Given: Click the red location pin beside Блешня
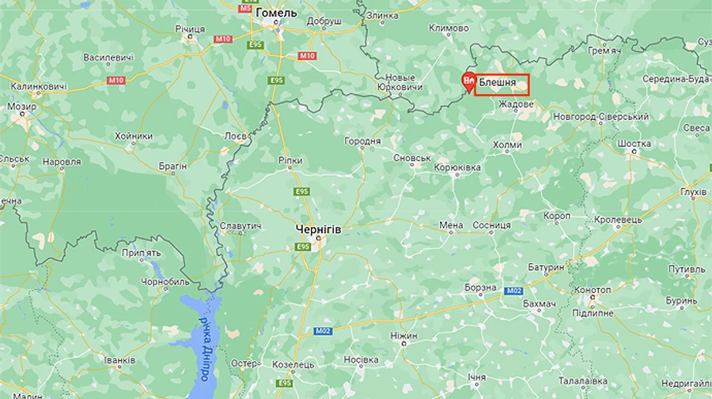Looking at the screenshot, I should click(468, 81).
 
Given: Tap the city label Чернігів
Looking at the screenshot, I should click(318, 228).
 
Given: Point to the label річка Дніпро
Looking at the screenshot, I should click(203, 348).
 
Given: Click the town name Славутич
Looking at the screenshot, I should click(240, 227).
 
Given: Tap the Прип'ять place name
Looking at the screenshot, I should click(142, 253).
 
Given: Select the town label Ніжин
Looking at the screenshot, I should click(403, 336).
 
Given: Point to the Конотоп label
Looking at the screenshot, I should click(593, 290).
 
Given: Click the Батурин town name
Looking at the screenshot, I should click(546, 268).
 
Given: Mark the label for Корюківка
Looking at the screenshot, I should click(457, 168).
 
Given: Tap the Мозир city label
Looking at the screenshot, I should click(21, 106).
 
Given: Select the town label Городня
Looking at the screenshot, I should click(362, 141).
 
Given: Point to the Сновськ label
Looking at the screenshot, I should click(411, 158).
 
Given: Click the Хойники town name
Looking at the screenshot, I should click(134, 136).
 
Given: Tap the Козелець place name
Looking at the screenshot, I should click(293, 365).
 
